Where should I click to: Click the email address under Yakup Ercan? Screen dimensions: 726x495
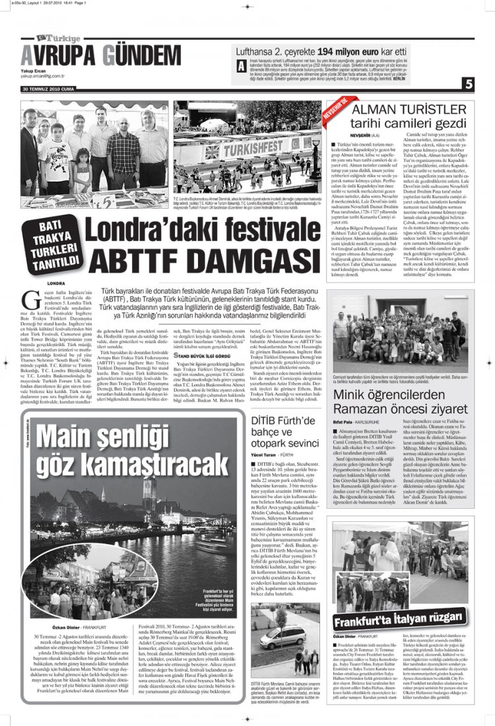(x=42, y=75)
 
